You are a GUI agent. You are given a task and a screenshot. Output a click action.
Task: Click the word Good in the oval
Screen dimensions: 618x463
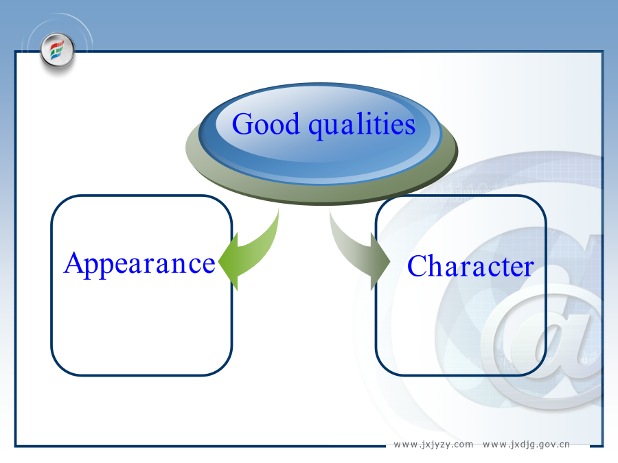tap(266, 123)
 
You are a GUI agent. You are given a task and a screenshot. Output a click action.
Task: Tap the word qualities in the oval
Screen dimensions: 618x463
tap(362, 125)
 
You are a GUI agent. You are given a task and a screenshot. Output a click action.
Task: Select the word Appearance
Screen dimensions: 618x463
tap(139, 264)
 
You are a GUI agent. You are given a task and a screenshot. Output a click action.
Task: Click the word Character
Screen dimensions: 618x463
tap(470, 266)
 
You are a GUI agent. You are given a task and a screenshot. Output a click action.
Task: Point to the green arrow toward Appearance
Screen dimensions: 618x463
tap(252, 252)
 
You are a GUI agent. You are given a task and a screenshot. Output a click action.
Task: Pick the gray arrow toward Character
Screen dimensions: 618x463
tap(356, 252)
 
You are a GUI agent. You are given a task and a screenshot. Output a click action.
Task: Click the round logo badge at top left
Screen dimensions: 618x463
tap(58, 51)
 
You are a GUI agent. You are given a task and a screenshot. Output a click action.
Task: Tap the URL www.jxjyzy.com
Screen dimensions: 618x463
tap(433, 444)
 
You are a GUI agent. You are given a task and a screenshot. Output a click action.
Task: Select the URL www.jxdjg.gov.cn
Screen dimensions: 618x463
tap(526, 444)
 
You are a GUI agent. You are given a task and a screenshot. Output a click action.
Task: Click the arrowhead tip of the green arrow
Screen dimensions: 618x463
tap(219, 261)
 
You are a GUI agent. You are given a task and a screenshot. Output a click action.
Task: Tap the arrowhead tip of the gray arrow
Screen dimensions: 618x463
tap(389, 261)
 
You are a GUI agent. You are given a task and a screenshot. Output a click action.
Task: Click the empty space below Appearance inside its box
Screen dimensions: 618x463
tap(141, 327)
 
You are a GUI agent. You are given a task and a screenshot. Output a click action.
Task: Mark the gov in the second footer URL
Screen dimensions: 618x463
tap(547, 445)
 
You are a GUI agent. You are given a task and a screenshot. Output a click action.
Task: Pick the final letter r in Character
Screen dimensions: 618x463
tap(529, 270)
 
